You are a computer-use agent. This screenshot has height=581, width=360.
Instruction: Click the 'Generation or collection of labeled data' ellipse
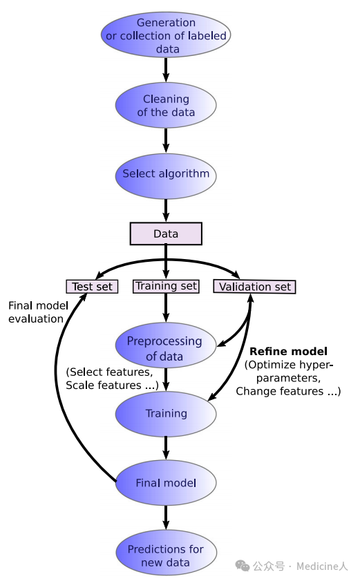(166, 35)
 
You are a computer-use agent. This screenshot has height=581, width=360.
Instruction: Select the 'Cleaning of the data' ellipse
(166, 105)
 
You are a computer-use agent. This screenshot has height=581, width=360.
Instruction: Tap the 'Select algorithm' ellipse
(166, 175)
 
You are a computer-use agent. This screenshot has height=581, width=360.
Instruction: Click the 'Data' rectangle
(166, 234)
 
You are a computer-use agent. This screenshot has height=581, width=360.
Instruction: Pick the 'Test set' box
(92, 287)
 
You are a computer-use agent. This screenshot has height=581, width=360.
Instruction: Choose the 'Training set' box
(166, 287)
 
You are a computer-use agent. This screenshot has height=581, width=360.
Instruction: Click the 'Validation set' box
(254, 287)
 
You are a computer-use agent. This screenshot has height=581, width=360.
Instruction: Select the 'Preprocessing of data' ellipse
(165, 345)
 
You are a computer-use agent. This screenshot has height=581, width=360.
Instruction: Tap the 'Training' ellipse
(166, 414)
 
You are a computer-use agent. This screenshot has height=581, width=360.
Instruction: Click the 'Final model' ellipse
(166, 483)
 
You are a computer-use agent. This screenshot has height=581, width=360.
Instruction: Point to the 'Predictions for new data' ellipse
(166, 553)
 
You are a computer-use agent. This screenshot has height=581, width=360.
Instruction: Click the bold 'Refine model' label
(288, 351)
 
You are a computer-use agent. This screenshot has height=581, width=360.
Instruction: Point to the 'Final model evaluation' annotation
(38, 312)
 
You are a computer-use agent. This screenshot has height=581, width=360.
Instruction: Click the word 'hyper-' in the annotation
(315, 365)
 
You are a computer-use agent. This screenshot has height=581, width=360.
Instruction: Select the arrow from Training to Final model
(166, 448)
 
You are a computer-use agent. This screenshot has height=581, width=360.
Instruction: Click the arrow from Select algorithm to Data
(166, 211)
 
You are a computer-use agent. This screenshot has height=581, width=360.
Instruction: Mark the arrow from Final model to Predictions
(166, 517)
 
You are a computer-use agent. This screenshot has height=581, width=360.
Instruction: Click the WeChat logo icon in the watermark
(243, 566)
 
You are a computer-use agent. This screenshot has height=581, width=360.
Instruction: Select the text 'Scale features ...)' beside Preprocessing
(112, 385)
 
